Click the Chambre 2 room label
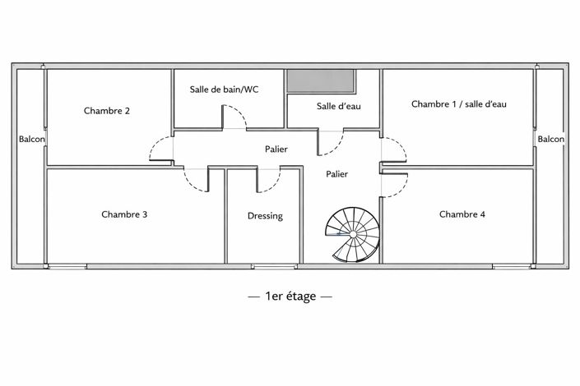tap(107, 110)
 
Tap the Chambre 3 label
tap(125, 214)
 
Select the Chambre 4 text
tap(462, 214)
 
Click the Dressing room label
tap(265, 216)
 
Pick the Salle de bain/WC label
tap(225, 90)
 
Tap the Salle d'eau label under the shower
tap(339, 107)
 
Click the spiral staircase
tap(351, 233)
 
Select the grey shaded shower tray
tap(322, 82)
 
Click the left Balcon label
tap(31, 140)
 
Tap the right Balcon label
tap(551, 140)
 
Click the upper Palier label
tap(276, 149)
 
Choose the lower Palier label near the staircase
tap(336, 174)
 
